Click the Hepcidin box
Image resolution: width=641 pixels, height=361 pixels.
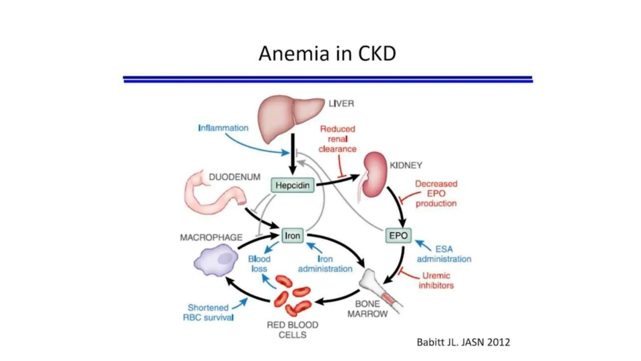292,185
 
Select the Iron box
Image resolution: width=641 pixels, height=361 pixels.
292,235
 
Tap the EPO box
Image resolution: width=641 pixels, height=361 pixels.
398,235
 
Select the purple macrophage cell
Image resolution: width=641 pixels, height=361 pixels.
216,260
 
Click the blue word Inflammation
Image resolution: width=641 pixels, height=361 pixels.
223,128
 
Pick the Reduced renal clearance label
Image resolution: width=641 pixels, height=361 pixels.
337,139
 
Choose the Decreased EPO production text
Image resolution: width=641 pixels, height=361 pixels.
436,193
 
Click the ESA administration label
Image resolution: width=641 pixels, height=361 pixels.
444,254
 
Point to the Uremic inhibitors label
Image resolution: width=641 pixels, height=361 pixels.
436,280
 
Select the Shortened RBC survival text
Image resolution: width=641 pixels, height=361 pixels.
208,312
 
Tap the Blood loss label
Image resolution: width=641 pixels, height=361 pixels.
259,264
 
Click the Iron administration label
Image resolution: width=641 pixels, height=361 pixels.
325,264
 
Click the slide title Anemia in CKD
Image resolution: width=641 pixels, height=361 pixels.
327,53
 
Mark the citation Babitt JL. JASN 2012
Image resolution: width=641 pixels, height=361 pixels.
463,342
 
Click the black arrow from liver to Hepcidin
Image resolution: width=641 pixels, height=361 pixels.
293,154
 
